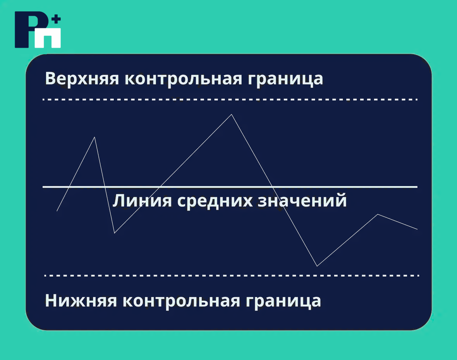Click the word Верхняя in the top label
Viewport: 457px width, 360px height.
pyautogui.click(x=82, y=79)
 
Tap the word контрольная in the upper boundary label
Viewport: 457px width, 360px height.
pyautogui.click(x=183, y=79)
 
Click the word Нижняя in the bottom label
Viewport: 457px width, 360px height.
pyautogui.click(x=81, y=300)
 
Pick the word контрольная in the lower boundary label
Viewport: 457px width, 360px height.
pyautogui.click(x=181, y=301)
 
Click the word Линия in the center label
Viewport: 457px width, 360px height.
pyautogui.click(x=142, y=201)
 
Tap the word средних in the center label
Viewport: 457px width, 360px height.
pyautogui.click(x=215, y=201)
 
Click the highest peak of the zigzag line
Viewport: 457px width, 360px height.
pyautogui.click(x=232, y=115)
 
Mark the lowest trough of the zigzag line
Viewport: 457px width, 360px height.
pyautogui.click(x=317, y=266)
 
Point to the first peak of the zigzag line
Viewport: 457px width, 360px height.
pyautogui.click(x=94, y=137)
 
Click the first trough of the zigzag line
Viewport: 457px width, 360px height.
pyautogui.click(x=115, y=233)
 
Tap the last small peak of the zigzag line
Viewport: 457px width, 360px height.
pyautogui.click(x=378, y=214)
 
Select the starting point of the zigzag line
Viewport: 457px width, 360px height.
pyautogui.click(x=57, y=211)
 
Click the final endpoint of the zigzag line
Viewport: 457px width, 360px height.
pyautogui.click(x=417, y=229)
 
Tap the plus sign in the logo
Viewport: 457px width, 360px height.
pyautogui.click(x=56, y=20)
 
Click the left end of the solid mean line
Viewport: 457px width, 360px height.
pyautogui.click(x=43, y=187)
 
